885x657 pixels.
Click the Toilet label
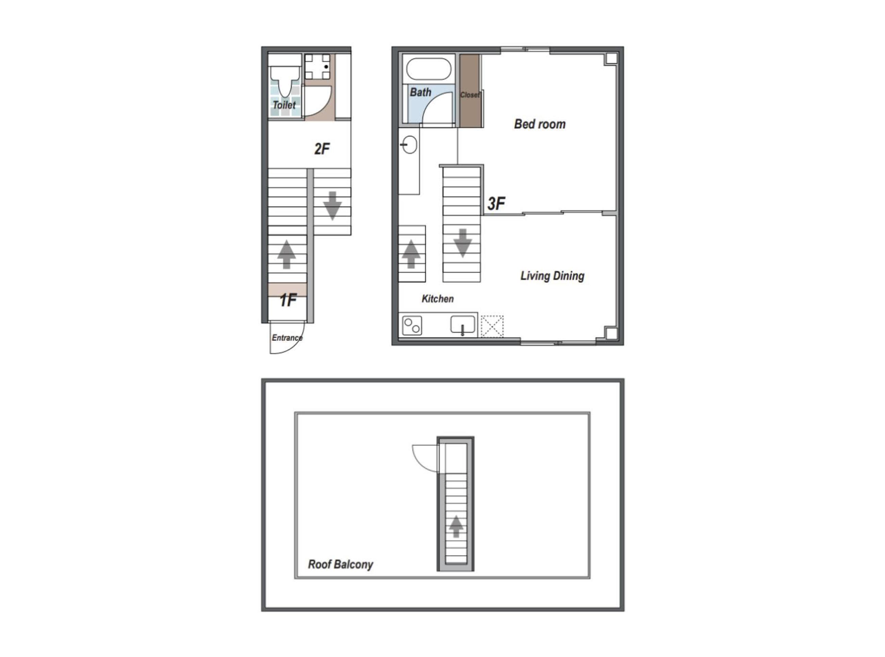(x=284, y=105)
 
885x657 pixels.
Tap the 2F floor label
(x=322, y=149)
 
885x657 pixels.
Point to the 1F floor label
(x=288, y=300)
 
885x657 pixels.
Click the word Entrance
(x=287, y=338)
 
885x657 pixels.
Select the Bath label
(x=420, y=92)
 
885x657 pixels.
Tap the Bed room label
(x=540, y=124)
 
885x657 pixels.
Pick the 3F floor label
(x=496, y=204)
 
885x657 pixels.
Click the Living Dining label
(x=552, y=276)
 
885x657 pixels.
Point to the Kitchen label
(x=437, y=299)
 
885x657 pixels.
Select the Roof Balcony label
(x=340, y=565)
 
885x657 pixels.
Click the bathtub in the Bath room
(x=429, y=69)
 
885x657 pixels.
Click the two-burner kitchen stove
(x=412, y=326)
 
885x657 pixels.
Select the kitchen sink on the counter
(x=462, y=325)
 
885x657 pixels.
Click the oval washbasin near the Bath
(x=409, y=144)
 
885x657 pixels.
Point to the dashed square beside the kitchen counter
(x=492, y=326)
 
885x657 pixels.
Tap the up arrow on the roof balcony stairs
(x=456, y=527)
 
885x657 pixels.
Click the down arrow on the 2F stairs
(x=332, y=206)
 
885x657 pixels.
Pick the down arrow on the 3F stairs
(x=462, y=243)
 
